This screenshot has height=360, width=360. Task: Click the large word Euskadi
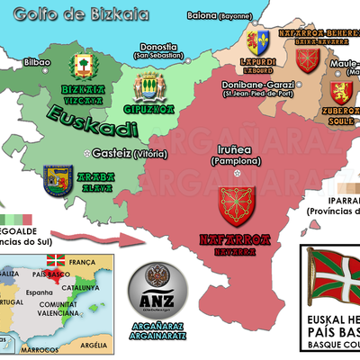tap(84, 117)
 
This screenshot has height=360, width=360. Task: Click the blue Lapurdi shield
tap(263, 42)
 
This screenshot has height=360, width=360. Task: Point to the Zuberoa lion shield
tap(339, 93)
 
